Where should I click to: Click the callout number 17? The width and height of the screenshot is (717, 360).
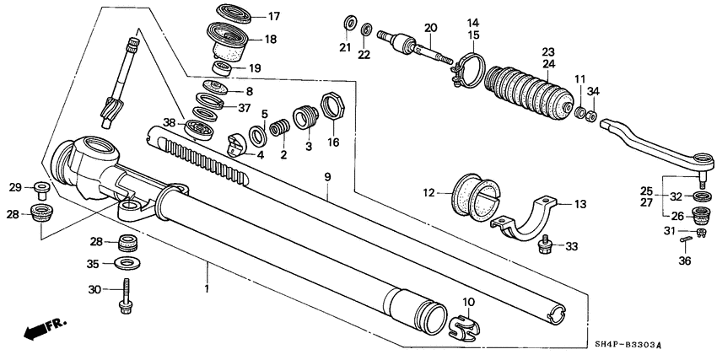273,16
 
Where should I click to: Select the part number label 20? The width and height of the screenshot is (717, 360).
430,28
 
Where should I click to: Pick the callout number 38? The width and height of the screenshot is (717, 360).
170,123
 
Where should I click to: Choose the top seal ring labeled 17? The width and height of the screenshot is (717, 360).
228,13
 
